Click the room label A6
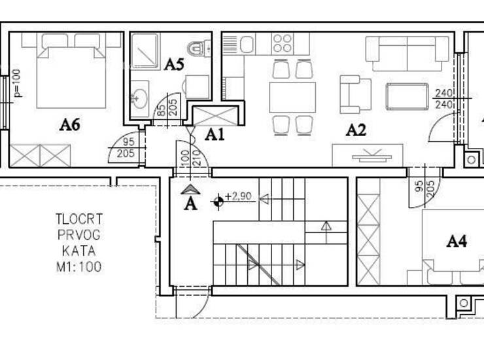(70, 125)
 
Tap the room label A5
(174, 65)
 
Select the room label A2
(356, 130)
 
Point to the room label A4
(457, 241)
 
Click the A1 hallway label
(215, 135)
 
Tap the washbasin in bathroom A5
(140, 99)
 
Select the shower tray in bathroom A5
(145, 51)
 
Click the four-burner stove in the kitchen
(283, 44)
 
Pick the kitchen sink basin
(247, 45)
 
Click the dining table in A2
(292, 98)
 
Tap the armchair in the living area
(355, 94)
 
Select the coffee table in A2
(407, 96)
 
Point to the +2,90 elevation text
(238, 196)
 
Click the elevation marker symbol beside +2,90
(218, 202)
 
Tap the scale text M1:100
(79, 267)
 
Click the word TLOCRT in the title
(79, 219)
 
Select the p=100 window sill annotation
(17, 83)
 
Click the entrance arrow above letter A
(190, 189)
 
